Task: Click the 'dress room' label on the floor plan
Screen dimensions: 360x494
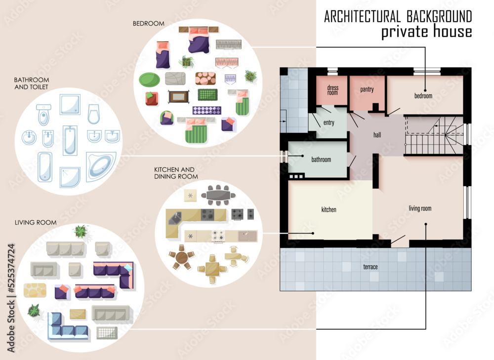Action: point(332,90)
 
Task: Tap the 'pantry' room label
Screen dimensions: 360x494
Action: point(367,90)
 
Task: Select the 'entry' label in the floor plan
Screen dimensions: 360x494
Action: point(329,123)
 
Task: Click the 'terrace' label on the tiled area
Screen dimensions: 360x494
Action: point(370,267)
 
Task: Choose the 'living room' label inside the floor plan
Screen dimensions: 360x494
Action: point(420,208)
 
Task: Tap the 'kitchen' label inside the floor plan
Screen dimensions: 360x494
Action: point(329,210)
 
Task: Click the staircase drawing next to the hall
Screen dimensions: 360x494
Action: point(435,136)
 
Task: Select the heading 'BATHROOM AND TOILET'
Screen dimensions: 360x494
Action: point(32,83)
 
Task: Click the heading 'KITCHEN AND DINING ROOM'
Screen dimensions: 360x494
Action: point(176,173)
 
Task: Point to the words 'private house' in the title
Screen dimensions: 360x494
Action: point(426,32)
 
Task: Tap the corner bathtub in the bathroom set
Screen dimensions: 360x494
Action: point(101,166)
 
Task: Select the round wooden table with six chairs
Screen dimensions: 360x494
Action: point(182,258)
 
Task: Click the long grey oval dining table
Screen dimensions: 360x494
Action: point(218,196)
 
